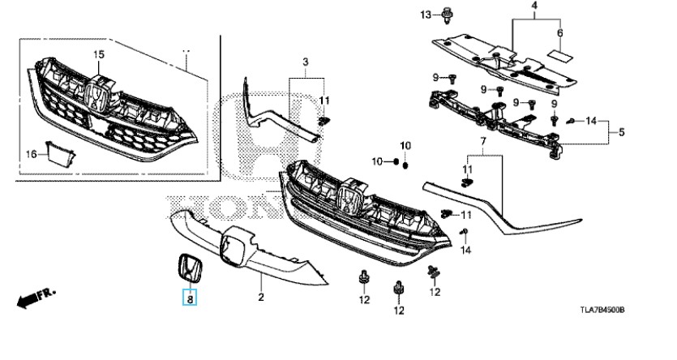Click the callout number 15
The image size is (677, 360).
pyautogui.click(x=99, y=54)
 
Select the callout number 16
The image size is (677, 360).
pyautogui.click(x=32, y=153)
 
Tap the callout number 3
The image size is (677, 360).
pyautogui.click(x=306, y=62)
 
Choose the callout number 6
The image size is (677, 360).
pyautogui.click(x=621, y=131)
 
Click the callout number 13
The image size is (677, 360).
pyautogui.click(x=559, y=33)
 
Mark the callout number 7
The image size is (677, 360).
pyautogui.click(x=189, y=298)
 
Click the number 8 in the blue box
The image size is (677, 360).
pyautogui.click(x=189, y=298)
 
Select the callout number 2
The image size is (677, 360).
pyautogui.click(x=261, y=298)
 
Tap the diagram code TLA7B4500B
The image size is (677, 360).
pyautogui.click(x=607, y=310)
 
